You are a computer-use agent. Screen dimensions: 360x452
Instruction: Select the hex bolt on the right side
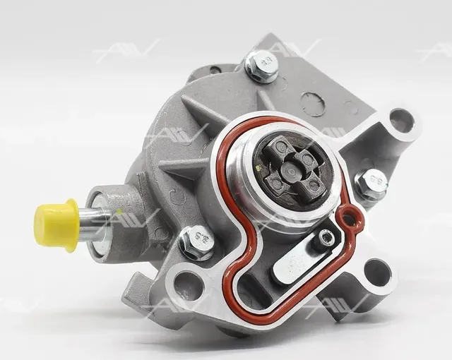pos(372,183)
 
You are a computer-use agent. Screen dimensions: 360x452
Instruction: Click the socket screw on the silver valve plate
pos(326,237)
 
